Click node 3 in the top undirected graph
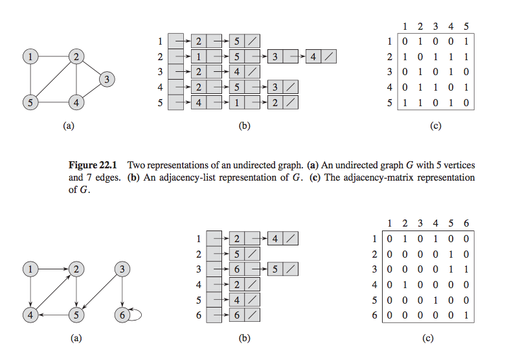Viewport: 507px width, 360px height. pyautogui.click(x=107, y=80)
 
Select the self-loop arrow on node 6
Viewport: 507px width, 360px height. pyautogui.click(x=136, y=316)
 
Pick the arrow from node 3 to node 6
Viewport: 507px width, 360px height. pyautogui.click(x=120, y=291)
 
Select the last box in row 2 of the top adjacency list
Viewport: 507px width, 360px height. pyautogui.click(x=322, y=57)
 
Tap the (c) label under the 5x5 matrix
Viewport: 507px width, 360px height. pyautogui.click(x=435, y=126)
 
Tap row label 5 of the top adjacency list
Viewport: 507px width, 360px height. pyautogui.click(x=159, y=102)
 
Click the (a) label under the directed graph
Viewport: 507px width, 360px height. pyautogui.click(x=76, y=338)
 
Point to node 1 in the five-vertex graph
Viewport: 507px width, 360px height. pyautogui.click(x=30, y=57)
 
